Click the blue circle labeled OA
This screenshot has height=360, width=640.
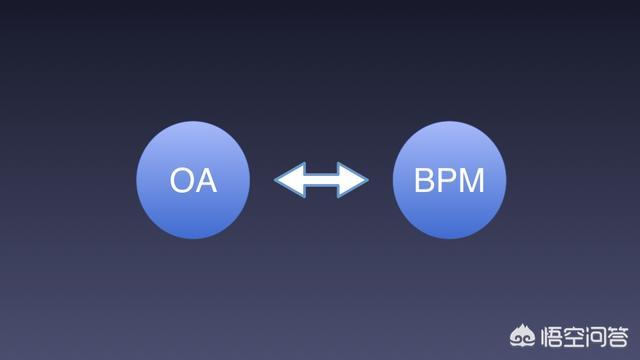point(193,181)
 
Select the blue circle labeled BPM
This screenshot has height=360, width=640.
point(449,181)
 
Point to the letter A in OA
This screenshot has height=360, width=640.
point(206,182)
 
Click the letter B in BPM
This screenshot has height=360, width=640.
point(424,182)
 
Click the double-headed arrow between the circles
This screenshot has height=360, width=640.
point(321,181)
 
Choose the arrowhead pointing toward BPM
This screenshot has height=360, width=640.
point(354,181)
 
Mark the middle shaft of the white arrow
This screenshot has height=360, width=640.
point(321,181)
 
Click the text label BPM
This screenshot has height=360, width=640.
point(449,182)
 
